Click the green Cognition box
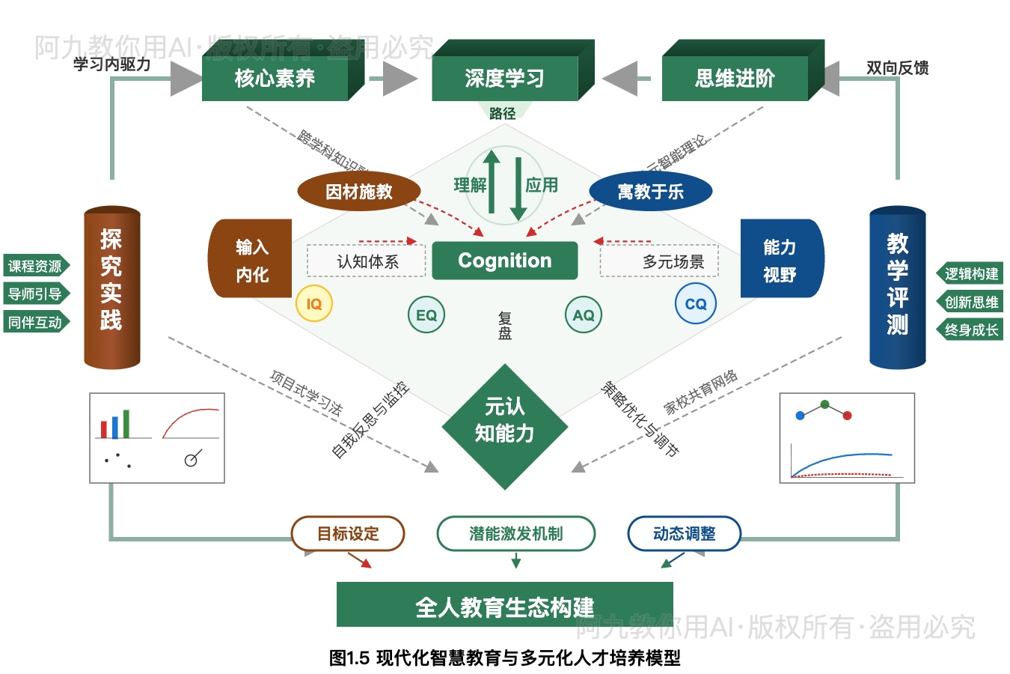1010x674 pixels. coord(505,261)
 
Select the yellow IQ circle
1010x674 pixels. coord(314,304)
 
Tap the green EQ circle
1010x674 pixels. coord(426,315)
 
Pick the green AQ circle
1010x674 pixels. coord(584,315)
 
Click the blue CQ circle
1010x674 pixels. coord(696,304)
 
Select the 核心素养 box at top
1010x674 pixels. coord(275,78)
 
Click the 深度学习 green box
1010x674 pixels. coord(505,78)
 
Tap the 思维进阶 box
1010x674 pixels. coord(735,78)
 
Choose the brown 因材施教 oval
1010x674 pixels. coord(359,192)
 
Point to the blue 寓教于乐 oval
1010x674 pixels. coord(651,192)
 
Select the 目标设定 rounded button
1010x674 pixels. coord(348,534)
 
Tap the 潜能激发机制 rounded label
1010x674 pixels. coord(516,534)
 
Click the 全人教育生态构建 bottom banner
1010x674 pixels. coord(505,605)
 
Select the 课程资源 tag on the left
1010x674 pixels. coord(36,266)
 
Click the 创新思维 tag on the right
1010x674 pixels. coord(970,302)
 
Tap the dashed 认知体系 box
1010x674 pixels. coord(367,261)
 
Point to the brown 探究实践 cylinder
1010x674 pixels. coord(112,288)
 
